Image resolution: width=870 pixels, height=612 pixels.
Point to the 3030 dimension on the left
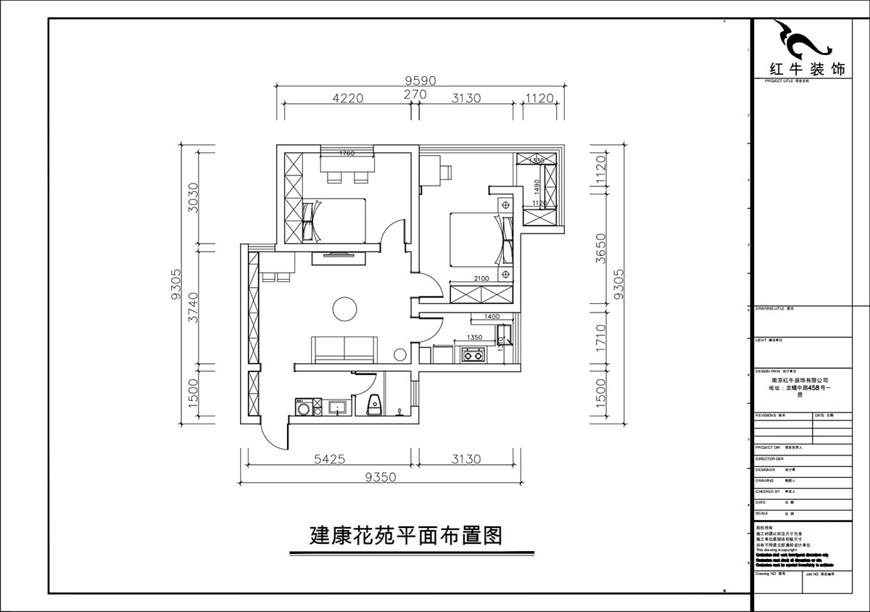click(x=193, y=195)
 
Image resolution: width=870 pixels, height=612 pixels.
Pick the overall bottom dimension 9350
click(x=380, y=476)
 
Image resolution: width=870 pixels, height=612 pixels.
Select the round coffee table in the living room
click(x=344, y=308)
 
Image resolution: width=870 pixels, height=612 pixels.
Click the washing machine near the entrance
click(x=302, y=409)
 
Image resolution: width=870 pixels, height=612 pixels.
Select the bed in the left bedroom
click(x=333, y=221)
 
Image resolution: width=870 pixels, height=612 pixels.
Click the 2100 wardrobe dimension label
click(x=481, y=278)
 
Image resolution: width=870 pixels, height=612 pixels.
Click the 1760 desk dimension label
click(x=346, y=153)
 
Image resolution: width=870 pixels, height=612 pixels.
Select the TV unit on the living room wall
click(x=333, y=255)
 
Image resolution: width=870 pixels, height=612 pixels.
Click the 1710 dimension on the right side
click(x=600, y=338)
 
